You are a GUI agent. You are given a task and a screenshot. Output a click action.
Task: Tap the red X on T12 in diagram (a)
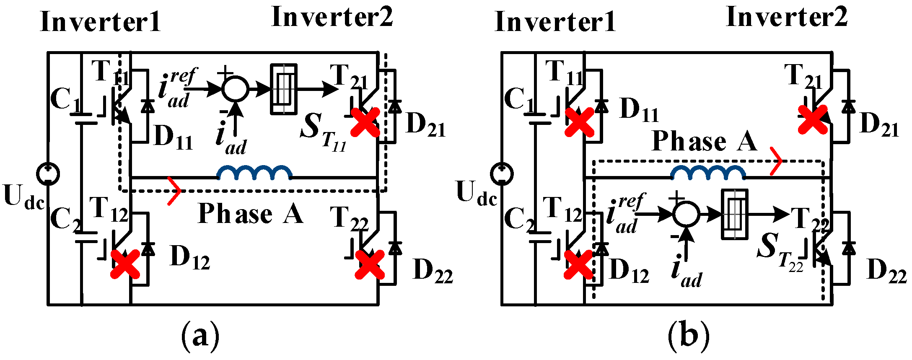point(125,264)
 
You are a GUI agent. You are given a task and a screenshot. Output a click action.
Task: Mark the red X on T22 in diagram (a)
point(369,264)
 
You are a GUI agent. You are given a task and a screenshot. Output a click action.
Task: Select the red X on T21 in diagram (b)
point(813,119)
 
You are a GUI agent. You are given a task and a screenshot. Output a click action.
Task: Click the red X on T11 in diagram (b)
point(579,122)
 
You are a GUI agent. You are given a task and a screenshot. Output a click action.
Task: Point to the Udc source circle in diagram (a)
point(48,174)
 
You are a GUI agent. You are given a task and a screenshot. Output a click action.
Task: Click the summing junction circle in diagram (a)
point(235,89)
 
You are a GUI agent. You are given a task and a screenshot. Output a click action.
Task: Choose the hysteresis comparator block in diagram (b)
point(734,215)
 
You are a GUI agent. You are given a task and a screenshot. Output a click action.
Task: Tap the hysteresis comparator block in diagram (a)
point(284,89)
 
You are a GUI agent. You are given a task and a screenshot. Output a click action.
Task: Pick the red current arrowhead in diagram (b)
point(776,161)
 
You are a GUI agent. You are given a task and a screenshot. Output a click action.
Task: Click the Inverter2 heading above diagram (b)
point(786,18)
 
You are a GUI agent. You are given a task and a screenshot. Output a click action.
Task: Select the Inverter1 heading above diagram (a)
point(101,22)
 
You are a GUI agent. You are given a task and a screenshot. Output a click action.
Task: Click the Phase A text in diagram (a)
point(250,214)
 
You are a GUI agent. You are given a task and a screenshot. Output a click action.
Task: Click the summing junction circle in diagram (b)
point(686,215)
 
